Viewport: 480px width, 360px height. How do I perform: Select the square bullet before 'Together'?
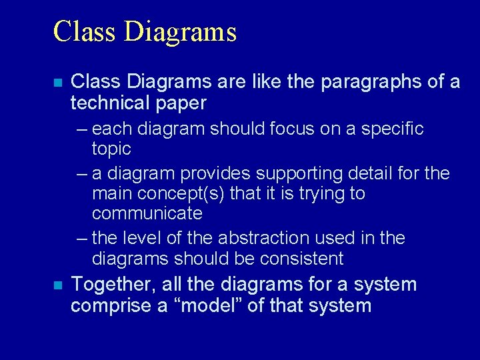click(x=58, y=285)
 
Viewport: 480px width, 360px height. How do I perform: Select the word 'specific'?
click(x=393, y=129)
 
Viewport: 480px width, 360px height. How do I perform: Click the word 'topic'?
click(x=111, y=148)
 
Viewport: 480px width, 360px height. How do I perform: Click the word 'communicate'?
click(x=147, y=213)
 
